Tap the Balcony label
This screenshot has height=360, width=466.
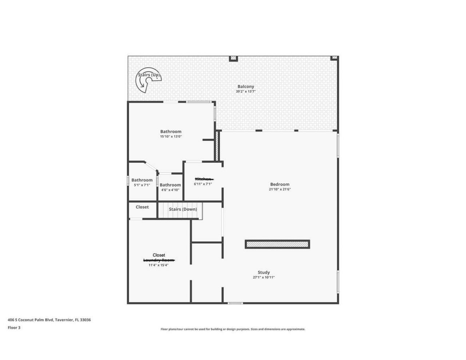tap(246, 87)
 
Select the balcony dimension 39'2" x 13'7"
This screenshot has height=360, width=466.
tap(246, 92)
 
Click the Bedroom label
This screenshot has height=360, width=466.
tap(280, 184)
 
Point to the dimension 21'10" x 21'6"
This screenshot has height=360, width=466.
tap(280, 189)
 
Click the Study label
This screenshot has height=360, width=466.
tap(264, 272)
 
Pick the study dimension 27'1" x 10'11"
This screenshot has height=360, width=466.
tap(264, 277)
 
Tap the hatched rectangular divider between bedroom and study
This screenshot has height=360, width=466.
tap(277, 244)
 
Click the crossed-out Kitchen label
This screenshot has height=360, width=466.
tap(203, 179)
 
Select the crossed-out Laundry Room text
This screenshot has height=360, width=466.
tap(159, 260)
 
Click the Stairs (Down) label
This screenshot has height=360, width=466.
tap(183, 209)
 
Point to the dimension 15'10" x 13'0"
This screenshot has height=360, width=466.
tap(171, 137)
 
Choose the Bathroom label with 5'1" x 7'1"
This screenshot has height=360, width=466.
tap(142, 180)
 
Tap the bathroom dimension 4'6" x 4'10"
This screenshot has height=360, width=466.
tap(170, 190)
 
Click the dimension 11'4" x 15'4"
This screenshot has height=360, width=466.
tap(158, 265)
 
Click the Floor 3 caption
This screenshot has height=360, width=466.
tap(14, 328)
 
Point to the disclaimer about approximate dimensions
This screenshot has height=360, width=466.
tap(233, 329)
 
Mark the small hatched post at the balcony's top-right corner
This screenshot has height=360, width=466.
tap(334, 58)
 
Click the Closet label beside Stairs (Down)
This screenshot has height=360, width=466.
tap(142, 207)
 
